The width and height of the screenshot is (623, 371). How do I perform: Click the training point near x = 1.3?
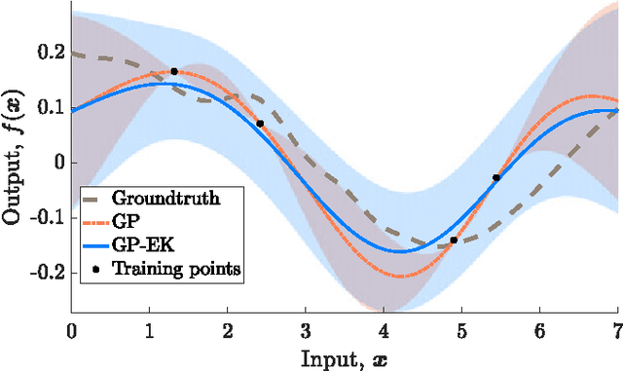pos(174,71)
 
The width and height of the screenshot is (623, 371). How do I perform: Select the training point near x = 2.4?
pos(259,124)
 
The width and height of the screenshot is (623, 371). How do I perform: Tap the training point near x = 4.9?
pos(454,240)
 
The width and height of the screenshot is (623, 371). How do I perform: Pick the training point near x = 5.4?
pos(496,177)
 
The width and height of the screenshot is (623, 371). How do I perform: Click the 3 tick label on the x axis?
pos(305,332)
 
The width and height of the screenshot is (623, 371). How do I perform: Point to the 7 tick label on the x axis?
pos(617,332)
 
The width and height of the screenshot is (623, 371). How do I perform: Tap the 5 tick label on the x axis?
pos(461,332)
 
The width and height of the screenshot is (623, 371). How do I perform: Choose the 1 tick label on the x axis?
pos(149,332)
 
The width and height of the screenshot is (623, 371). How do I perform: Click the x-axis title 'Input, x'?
pos(343,355)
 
